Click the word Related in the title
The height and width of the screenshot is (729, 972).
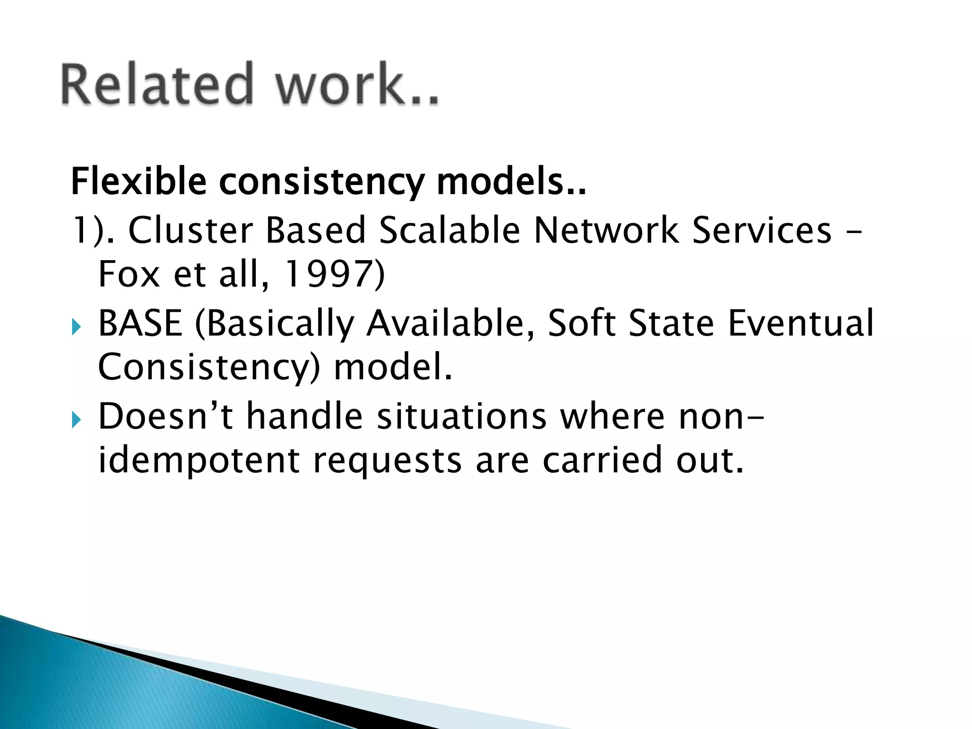pos(157,84)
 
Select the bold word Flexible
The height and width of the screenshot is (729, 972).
pos(139,182)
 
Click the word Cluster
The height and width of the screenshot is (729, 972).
pos(190,231)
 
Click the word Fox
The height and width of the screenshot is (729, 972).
pos(129,275)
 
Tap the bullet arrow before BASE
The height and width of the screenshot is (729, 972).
pos(76,327)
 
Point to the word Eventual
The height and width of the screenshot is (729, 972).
pos(800,323)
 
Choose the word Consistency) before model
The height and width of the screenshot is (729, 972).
pos(209,368)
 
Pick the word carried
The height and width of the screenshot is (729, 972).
pos(602,460)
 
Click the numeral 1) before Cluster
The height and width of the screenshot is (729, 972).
pos(86,231)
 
